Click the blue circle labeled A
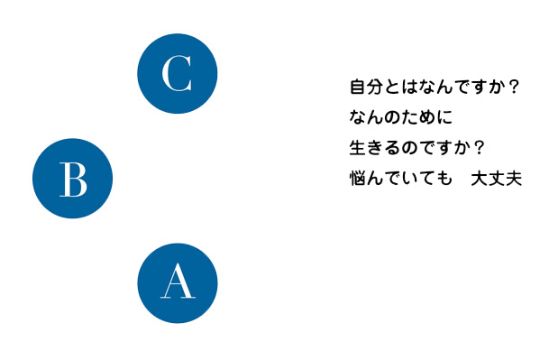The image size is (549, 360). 177,283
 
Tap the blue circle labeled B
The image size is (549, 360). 72,179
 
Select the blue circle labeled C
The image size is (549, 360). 177,74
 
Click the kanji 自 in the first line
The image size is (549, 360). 357,88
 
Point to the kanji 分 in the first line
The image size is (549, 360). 373,88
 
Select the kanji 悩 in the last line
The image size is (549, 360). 357,178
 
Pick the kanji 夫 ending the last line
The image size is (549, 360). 512,178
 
